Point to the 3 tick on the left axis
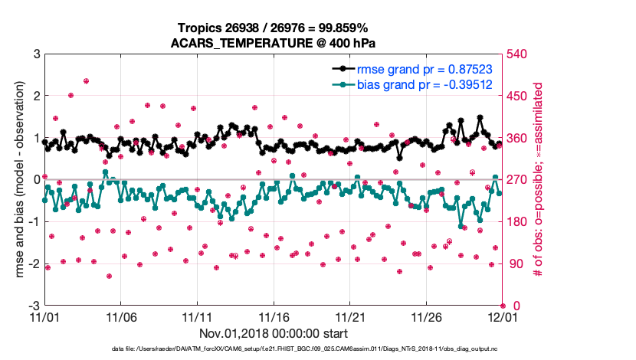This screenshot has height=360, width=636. [35, 54]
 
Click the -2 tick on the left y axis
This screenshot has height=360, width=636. [33, 263]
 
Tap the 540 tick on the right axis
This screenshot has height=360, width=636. [516, 54]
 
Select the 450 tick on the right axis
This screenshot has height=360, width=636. [516, 97]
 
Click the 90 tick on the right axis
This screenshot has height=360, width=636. [513, 263]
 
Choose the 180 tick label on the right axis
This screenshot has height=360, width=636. [516, 222]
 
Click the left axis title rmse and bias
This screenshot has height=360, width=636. [15, 180]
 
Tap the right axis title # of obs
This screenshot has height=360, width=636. [539, 180]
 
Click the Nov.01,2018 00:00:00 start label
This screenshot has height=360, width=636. [274, 333]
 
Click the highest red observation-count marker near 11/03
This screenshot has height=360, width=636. [86, 80]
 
